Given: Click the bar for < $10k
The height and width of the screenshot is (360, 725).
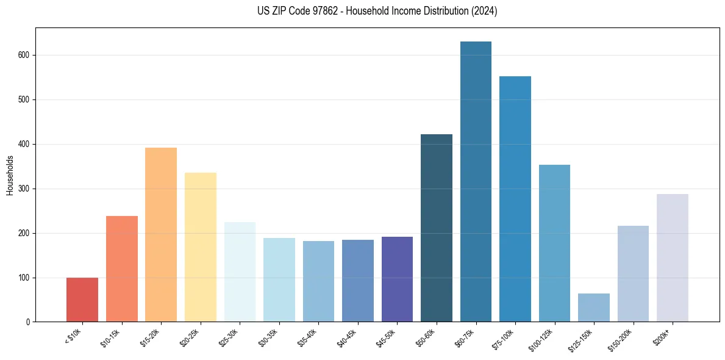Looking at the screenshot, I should click(x=82, y=300).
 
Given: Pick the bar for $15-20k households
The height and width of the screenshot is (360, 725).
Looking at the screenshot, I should click(x=161, y=235).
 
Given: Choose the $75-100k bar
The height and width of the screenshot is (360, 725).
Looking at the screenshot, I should click(x=515, y=199).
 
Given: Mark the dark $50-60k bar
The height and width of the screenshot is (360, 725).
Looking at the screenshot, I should click(x=437, y=228).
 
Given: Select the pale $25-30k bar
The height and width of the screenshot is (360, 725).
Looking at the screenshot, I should click(x=240, y=272).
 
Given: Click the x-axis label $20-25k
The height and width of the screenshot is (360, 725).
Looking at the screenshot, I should click(x=190, y=337).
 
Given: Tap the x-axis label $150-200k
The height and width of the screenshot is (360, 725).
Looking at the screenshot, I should click(x=621, y=339).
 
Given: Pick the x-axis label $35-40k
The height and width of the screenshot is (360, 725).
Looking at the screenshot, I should click(x=309, y=337).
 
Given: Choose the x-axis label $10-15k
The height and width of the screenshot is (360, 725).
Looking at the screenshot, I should click(x=112, y=337).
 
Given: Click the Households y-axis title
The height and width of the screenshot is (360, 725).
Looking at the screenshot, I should click(x=10, y=175).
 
